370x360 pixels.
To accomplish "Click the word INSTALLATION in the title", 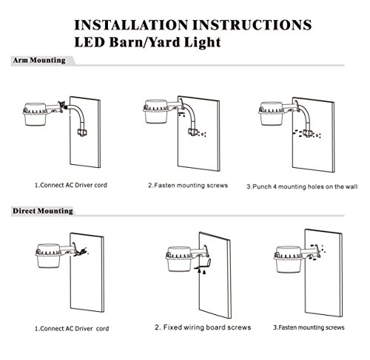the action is point(131,25).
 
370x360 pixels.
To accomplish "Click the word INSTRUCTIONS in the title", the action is point(252,25).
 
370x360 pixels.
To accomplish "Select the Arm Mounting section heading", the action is point(39,61).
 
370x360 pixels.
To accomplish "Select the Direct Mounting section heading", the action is point(43,211).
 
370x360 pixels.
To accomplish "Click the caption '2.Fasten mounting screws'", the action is point(188,186).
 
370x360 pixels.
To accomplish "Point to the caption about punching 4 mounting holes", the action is point(302,186).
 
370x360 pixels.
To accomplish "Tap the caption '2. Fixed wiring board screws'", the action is point(203,327).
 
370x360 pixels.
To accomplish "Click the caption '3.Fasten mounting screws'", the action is point(309,327).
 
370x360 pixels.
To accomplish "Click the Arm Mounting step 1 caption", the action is point(71,185).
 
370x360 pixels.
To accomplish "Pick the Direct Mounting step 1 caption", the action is point(72,328).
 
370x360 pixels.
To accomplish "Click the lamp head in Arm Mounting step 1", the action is point(35,114).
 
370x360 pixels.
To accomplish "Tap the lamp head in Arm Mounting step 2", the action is point(156,112).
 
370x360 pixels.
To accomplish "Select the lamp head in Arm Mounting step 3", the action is point(272,113).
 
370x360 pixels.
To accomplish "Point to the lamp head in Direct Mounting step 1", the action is point(48,256).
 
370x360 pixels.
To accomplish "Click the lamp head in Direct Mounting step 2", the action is point(179,259).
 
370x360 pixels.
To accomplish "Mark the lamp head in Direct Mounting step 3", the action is point(288,259).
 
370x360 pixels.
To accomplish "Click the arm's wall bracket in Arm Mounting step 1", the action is point(82,132).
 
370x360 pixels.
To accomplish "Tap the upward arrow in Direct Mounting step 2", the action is point(200,271).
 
